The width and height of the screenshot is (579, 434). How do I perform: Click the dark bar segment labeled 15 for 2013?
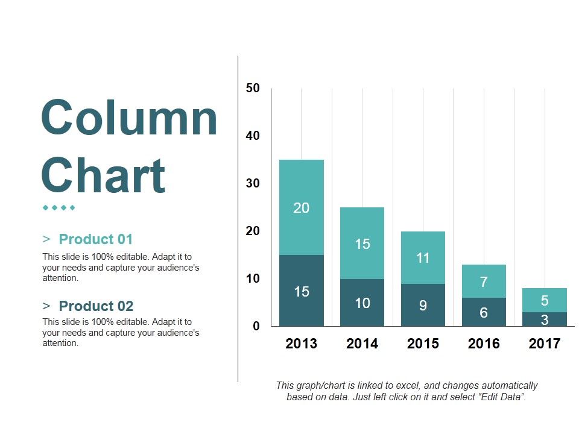pyautogui.click(x=302, y=291)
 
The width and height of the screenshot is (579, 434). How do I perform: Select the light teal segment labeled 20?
pyautogui.click(x=302, y=207)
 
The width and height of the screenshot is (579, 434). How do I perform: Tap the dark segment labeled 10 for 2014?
pyautogui.click(x=362, y=303)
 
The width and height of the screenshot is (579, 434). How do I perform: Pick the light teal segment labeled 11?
pyautogui.click(x=423, y=257)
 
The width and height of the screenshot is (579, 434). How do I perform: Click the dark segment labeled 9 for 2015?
pyautogui.click(x=423, y=305)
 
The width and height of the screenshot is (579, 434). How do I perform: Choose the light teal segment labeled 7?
pyautogui.click(x=484, y=281)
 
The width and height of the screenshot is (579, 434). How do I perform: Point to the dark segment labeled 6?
pyautogui.click(x=484, y=312)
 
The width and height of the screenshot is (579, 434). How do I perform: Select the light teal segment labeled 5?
pyautogui.click(x=545, y=300)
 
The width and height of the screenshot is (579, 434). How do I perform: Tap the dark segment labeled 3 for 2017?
pyautogui.click(x=545, y=319)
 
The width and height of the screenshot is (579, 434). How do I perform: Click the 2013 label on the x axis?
pyautogui.click(x=302, y=344)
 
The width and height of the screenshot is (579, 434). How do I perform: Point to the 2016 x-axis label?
pyautogui.click(x=484, y=344)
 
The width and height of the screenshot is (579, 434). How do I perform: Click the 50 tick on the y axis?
pyautogui.click(x=253, y=88)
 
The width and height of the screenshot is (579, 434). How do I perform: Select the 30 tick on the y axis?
pyautogui.click(x=253, y=183)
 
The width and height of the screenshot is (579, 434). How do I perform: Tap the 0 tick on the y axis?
pyautogui.click(x=256, y=326)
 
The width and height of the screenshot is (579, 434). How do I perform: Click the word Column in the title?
pyautogui.click(x=129, y=118)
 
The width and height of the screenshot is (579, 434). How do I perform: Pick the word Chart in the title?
pyautogui.click(x=103, y=175)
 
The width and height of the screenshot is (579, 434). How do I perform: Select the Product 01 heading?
pyautogui.click(x=96, y=239)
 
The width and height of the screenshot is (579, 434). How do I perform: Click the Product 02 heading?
pyautogui.click(x=96, y=306)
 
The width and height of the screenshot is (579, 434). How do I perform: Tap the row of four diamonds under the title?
pyautogui.click(x=59, y=208)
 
